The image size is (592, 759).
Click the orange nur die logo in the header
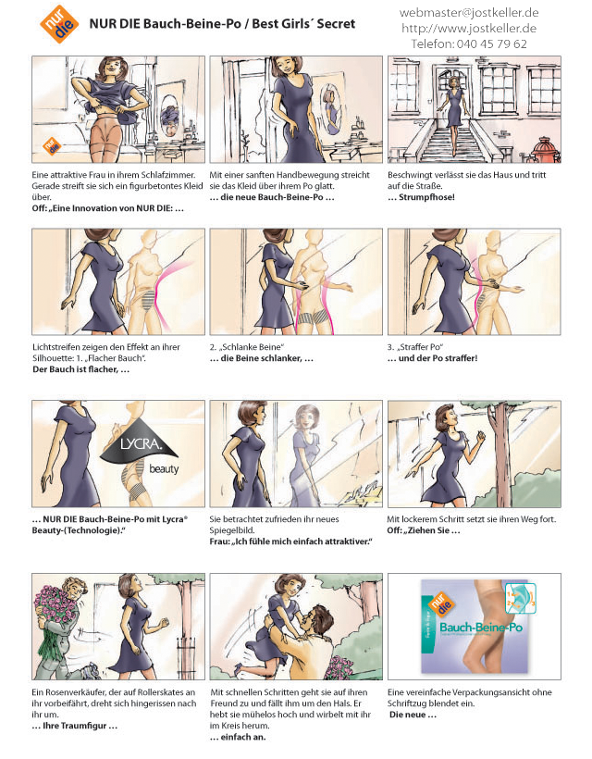click(59, 24)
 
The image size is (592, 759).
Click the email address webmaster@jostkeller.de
click(469, 13)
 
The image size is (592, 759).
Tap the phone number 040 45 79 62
click(491, 44)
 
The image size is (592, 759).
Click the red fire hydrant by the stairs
click(545, 149)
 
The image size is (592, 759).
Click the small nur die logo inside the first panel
click(52, 145)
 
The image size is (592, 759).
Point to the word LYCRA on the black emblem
click(141, 443)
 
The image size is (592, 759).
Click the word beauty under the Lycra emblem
click(164, 468)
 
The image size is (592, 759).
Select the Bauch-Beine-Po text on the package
click(481, 627)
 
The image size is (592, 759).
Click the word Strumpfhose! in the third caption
click(426, 197)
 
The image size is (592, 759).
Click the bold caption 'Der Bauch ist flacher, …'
click(80, 369)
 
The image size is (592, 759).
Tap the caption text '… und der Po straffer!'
click(432, 358)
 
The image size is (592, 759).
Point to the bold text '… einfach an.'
click(238, 737)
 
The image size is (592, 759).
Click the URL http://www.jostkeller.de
click(469, 28)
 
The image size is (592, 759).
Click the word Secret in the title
click(336, 23)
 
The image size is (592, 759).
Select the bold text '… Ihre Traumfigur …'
click(75, 726)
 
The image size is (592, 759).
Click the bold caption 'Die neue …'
click(413, 715)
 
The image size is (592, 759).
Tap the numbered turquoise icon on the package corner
click(521, 598)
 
